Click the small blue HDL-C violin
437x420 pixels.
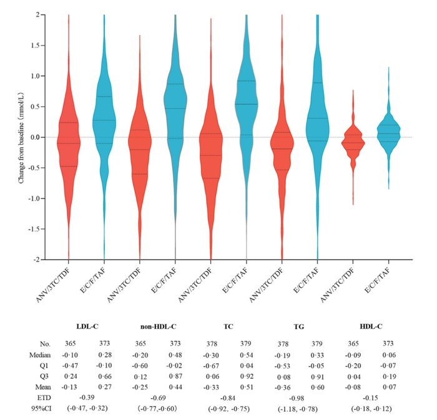tap(389, 134)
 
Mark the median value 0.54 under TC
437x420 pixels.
tap(244, 354)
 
